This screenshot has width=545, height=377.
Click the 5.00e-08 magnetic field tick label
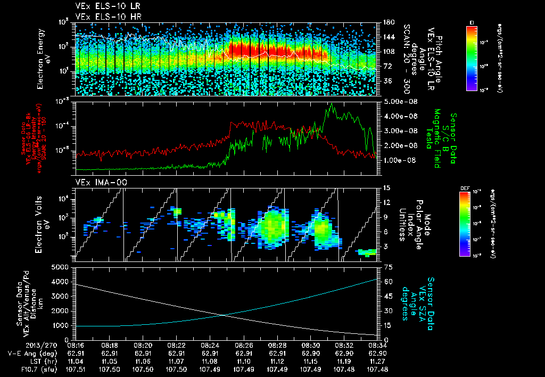point(398,101)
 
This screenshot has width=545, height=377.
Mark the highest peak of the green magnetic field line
point(332,104)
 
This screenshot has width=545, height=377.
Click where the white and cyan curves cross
point(222,315)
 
